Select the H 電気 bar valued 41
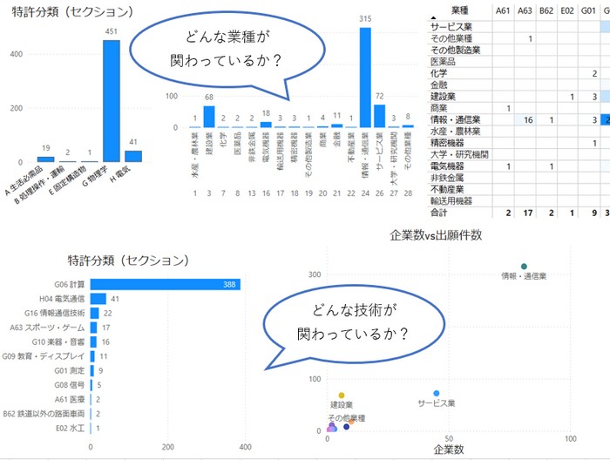[x=133, y=156]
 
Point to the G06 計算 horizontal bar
[x=166, y=284]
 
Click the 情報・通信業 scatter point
[x=524, y=267]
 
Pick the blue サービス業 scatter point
[x=437, y=394]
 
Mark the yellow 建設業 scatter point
[x=342, y=396]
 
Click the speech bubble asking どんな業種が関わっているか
[x=209, y=51]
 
